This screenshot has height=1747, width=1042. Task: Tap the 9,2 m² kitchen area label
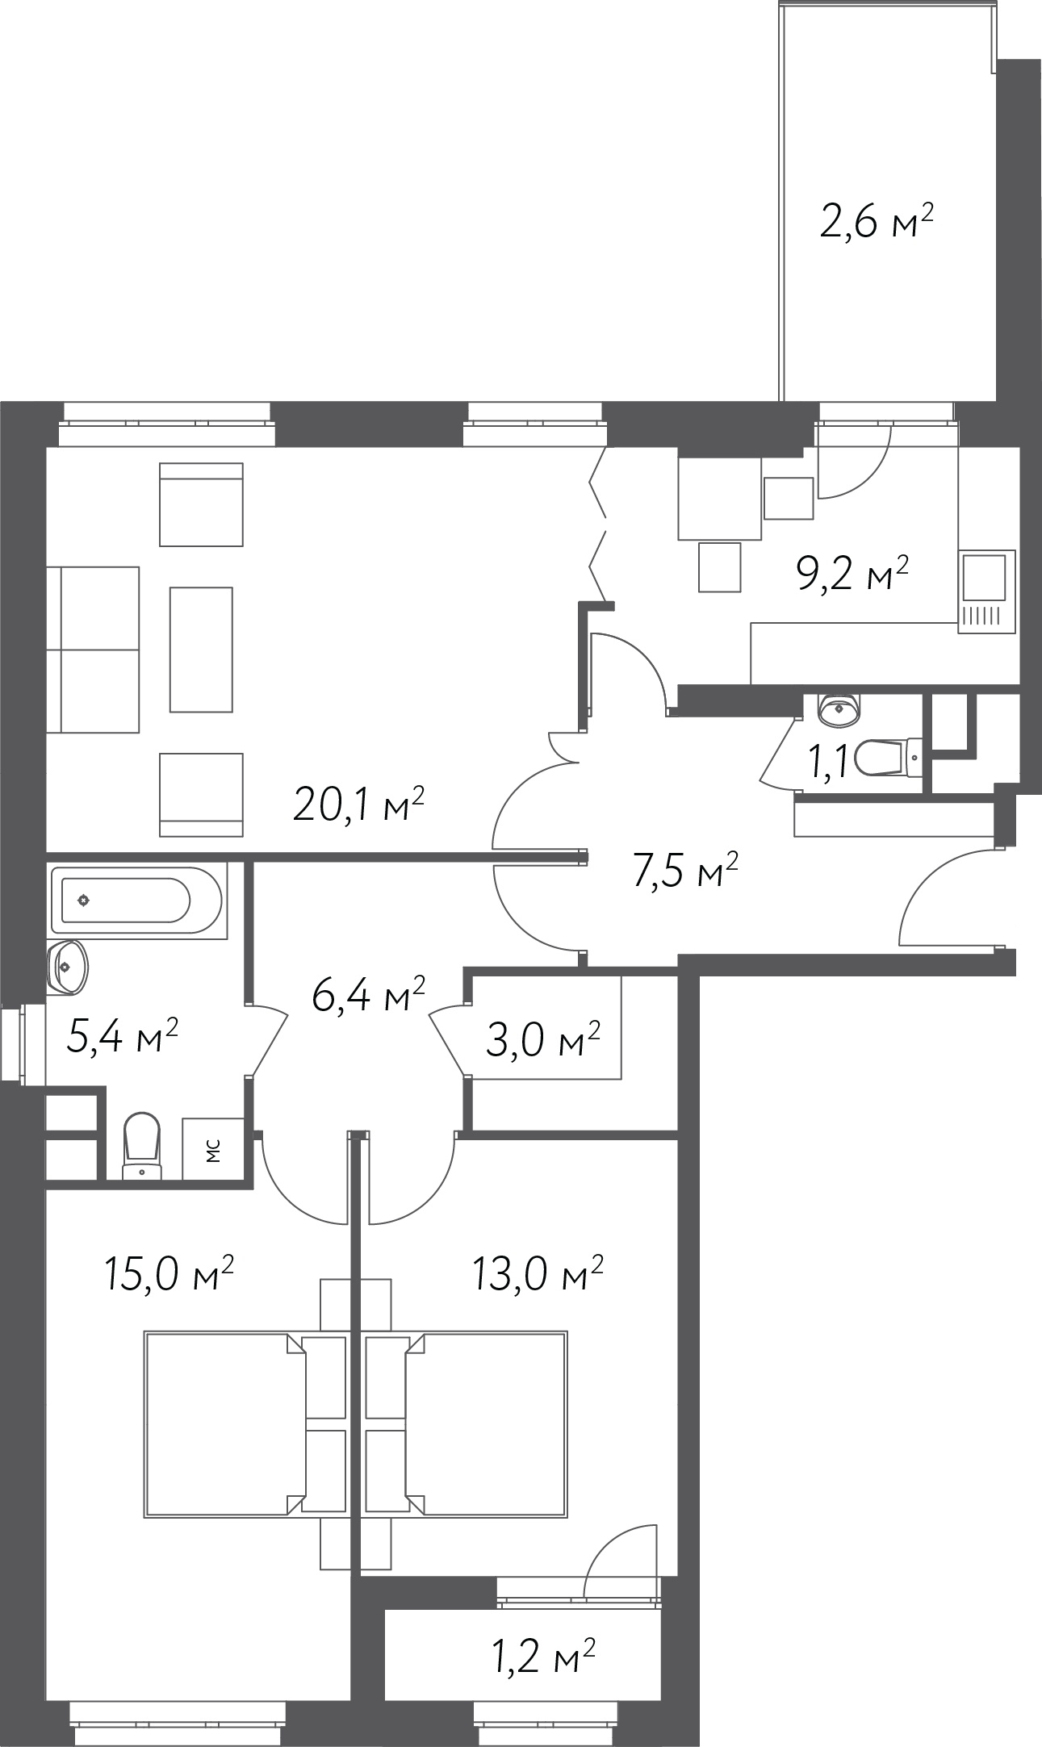[x=853, y=572]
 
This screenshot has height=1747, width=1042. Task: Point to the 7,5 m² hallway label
[x=686, y=871]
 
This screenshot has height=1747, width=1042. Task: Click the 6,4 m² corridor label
[x=369, y=994]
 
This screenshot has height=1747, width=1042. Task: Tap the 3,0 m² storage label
[x=543, y=1041]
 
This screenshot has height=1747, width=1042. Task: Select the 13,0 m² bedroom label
[x=538, y=1273]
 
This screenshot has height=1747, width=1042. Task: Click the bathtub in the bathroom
[x=136, y=901]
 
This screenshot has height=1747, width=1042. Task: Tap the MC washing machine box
[x=213, y=1149]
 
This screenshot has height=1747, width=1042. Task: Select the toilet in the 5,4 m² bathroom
[x=143, y=1146]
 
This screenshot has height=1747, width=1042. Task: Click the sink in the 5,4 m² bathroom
[x=68, y=965]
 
